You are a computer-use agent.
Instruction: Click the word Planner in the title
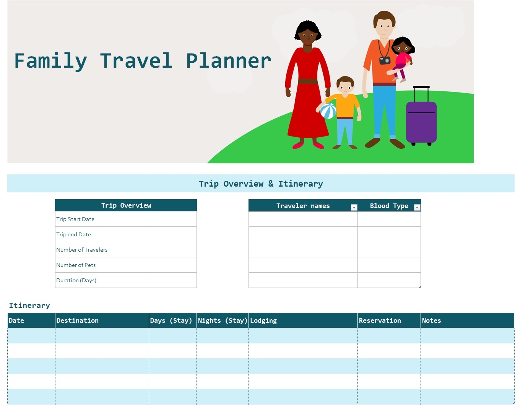pyautogui.click(x=229, y=61)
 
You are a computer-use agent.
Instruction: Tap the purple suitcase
pyautogui.click(x=421, y=122)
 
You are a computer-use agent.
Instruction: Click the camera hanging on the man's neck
pyautogui.click(x=385, y=60)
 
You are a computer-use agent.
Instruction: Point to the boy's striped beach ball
pyautogui.click(x=328, y=111)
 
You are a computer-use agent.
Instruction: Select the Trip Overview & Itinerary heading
pyautogui.click(x=261, y=184)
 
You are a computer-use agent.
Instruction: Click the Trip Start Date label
pyautogui.click(x=75, y=219)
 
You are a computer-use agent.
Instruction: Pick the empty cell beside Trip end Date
pyautogui.click(x=172, y=234)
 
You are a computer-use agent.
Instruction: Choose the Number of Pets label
pyautogui.click(x=76, y=265)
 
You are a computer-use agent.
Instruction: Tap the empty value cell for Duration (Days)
pyautogui.click(x=172, y=280)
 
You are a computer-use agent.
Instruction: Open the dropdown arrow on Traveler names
pyautogui.click(x=354, y=207)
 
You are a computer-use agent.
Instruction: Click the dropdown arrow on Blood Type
pyautogui.click(x=417, y=207)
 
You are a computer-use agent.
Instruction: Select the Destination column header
pyautogui.click(x=78, y=320)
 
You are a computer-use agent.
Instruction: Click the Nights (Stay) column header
pyautogui.click(x=223, y=320)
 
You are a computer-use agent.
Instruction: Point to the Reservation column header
pyautogui.click(x=380, y=320)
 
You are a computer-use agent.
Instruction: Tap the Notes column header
pyautogui.click(x=432, y=320)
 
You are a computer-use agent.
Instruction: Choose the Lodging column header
pyautogui.click(x=263, y=320)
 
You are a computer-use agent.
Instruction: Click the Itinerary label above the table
pyautogui.click(x=29, y=305)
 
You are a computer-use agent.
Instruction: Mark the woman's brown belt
pyautogui.click(x=308, y=81)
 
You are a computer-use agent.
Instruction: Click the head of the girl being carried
pyautogui.click(x=402, y=46)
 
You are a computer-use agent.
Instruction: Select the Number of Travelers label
pyautogui.click(x=82, y=250)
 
